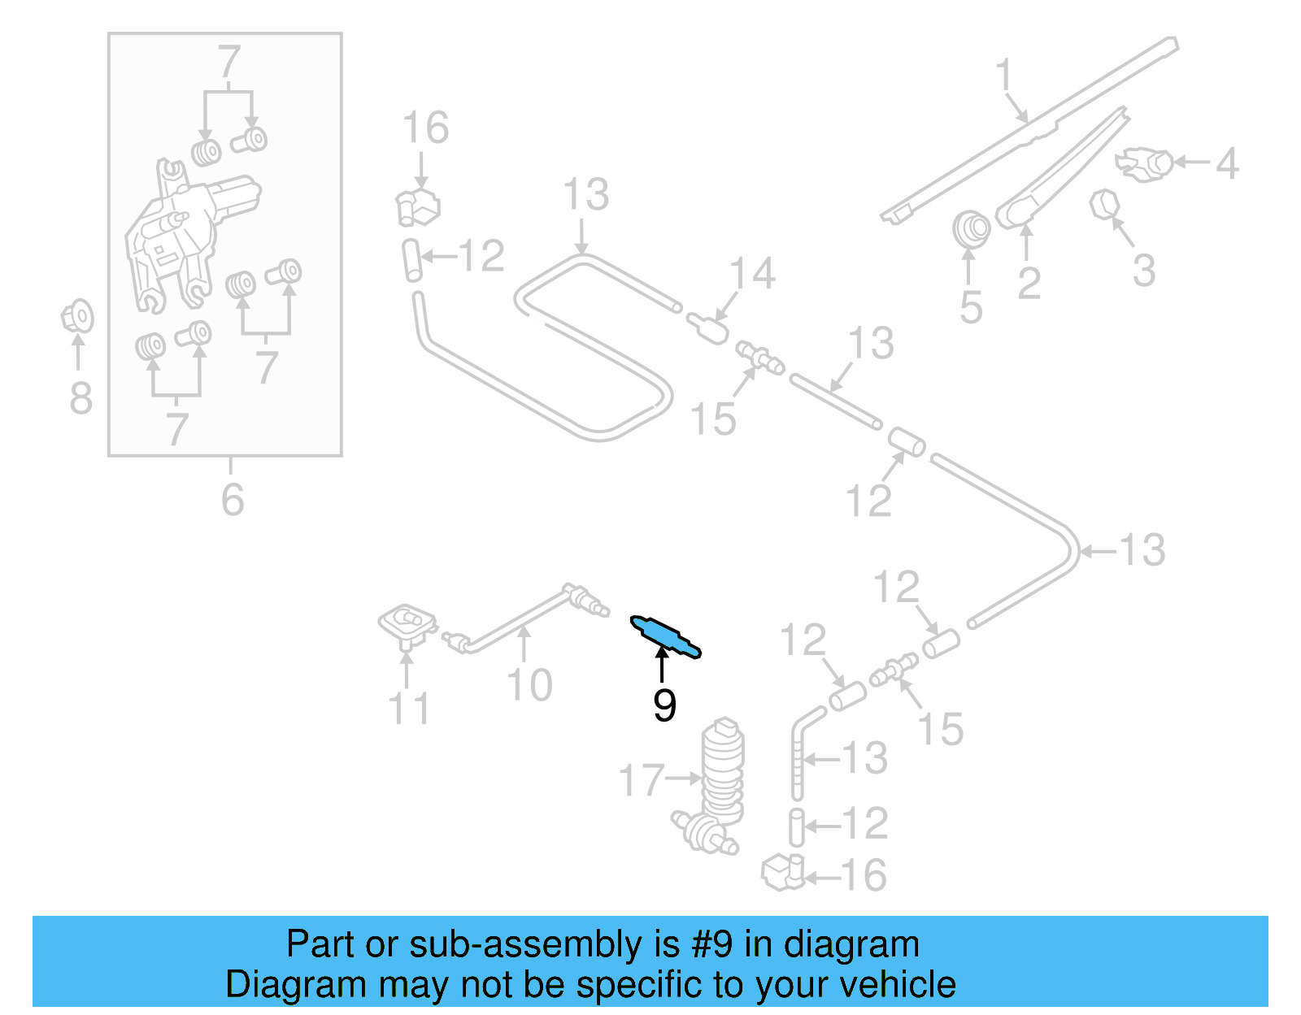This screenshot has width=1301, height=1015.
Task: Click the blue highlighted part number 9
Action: pos(665,636)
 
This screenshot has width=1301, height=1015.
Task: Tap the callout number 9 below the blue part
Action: pos(664,705)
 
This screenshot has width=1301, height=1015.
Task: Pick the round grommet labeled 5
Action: pos(971,230)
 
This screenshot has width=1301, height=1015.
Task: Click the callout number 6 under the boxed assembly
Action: pos(233,499)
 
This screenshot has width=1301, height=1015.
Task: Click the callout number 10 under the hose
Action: pos(529,684)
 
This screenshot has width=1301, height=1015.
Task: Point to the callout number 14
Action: pos(752,273)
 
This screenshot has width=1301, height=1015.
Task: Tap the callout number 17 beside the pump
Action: pos(642,779)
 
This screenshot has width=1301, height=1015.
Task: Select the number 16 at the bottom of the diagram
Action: pos(863,875)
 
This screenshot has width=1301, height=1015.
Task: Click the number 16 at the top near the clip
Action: pos(425,128)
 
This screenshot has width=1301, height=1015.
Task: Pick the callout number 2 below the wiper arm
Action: pos(1029,283)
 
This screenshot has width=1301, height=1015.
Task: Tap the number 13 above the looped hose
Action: pos(585,194)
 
